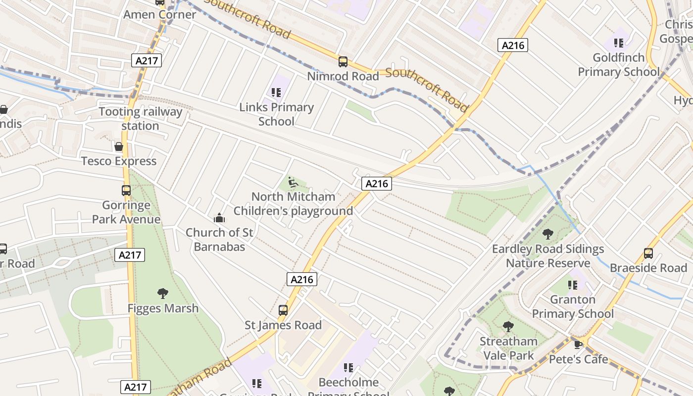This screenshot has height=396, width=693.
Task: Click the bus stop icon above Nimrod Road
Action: tap(343, 62)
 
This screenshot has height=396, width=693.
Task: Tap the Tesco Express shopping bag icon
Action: tap(119, 147)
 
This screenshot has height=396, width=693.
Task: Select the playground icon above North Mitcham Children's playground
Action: tap(293, 183)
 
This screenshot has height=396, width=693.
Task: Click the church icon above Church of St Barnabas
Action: tap(219, 218)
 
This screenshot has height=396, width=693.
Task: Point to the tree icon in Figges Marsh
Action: tap(162, 294)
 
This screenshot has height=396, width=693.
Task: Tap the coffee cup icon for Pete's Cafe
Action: tap(578, 345)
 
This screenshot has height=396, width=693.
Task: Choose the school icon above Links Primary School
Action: tap(276, 92)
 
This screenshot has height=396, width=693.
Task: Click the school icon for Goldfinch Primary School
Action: tap(618, 43)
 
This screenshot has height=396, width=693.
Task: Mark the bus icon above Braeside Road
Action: tap(648, 253)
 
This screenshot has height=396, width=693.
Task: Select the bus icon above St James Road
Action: tap(283, 310)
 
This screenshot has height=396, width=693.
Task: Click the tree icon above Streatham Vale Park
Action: tap(508, 327)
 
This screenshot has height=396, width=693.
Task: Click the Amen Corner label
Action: tap(159, 14)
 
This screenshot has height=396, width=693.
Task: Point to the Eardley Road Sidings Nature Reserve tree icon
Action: tap(547, 234)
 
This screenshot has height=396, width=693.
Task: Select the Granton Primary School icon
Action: tap(573, 285)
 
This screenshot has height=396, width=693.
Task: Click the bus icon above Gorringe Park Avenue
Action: tap(126, 191)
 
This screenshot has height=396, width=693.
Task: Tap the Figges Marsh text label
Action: tap(163, 308)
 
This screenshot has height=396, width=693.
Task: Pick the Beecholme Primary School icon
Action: tap(348, 368)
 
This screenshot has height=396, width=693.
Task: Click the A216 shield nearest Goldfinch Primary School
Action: tap(512, 46)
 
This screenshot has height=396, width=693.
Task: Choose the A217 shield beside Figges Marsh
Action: tap(130, 255)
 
